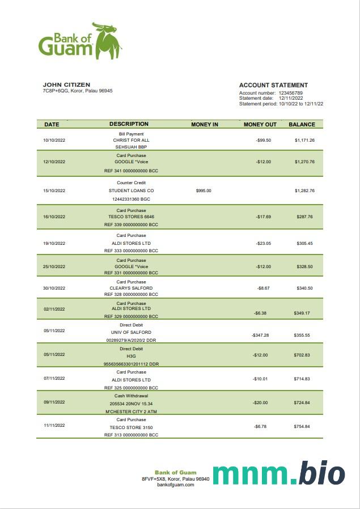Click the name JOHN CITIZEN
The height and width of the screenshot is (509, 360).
[x=66, y=84]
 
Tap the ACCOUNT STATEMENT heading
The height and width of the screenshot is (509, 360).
[x=273, y=85]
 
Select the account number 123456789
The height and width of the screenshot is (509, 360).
[x=290, y=92]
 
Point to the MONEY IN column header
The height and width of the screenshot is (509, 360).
[x=205, y=124]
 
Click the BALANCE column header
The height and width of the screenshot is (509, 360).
[x=302, y=124]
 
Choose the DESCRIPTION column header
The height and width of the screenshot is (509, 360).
[x=129, y=124]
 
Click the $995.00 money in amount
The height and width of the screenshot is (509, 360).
[x=204, y=190]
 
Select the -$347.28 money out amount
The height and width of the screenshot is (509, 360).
[x=260, y=335]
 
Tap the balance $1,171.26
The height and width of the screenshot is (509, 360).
[x=304, y=140]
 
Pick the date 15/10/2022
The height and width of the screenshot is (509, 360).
[x=54, y=190]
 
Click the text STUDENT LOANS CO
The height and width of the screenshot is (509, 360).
[x=131, y=190]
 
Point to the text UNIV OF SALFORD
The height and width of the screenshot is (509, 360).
[x=131, y=332]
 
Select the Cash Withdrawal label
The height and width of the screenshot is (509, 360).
[x=131, y=396]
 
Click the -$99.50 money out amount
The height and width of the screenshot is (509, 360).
[x=263, y=140]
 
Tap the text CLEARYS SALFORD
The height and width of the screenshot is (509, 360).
[x=131, y=288]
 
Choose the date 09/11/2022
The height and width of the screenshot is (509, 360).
[x=54, y=402]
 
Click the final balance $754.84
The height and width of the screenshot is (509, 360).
[x=302, y=426]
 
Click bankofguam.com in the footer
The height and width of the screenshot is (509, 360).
[x=176, y=485]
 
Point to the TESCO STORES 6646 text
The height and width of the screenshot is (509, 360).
[x=131, y=217]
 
